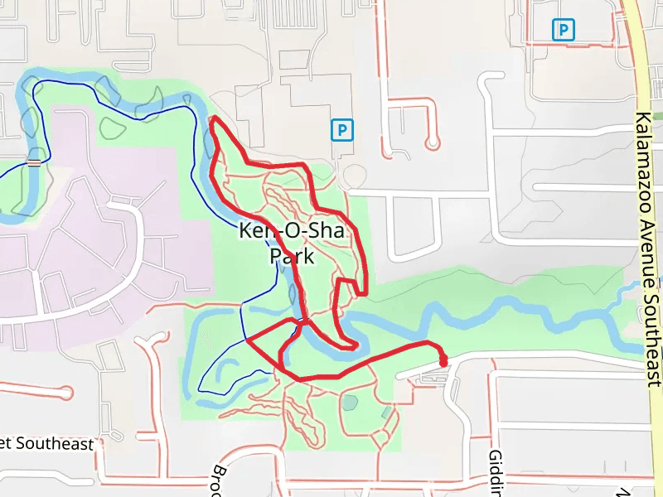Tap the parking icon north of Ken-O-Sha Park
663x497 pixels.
point(341,130)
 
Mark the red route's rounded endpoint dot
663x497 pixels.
point(443,361)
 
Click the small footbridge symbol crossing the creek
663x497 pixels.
point(34,162)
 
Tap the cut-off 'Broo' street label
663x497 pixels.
point(217,480)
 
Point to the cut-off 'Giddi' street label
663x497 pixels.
point(495,472)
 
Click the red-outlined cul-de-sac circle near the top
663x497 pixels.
point(432,143)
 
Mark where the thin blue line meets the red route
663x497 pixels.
point(248,340)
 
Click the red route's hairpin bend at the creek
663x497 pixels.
point(356,344)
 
